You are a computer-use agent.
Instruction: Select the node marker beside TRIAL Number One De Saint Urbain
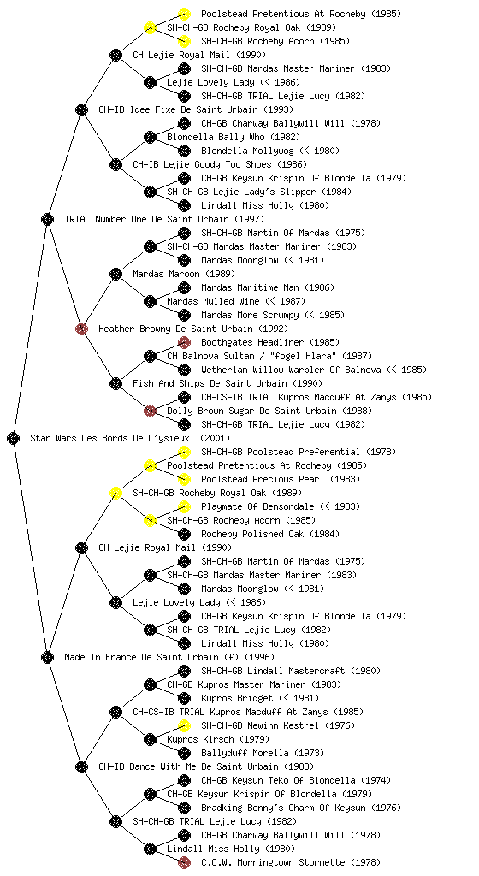coord(47,219)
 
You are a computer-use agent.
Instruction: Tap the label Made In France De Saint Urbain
coord(141,657)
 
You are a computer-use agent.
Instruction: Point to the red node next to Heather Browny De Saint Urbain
coord(81,328)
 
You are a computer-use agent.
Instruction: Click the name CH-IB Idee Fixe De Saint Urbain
coord(178,109)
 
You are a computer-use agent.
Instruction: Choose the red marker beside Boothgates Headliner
coord(184,342)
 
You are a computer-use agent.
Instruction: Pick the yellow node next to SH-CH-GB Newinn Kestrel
coord(184,725)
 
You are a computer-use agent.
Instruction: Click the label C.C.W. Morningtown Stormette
coord(273,862)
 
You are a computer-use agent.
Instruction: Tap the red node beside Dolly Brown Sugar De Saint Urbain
coord(150,411)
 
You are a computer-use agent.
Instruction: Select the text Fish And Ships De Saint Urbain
coord(210,383)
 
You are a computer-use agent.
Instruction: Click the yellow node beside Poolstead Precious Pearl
coord(184,479)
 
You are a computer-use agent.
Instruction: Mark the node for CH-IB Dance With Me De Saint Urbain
coord(81,766)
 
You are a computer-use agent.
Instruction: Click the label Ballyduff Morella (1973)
coord(263,753)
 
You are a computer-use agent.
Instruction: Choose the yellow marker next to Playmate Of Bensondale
coord(184,506)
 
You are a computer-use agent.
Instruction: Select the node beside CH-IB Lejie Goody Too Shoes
coord(115,164)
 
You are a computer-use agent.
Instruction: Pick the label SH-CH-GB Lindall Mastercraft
coord(273,671)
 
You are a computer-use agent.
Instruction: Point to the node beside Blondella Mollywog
coord(184,151)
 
